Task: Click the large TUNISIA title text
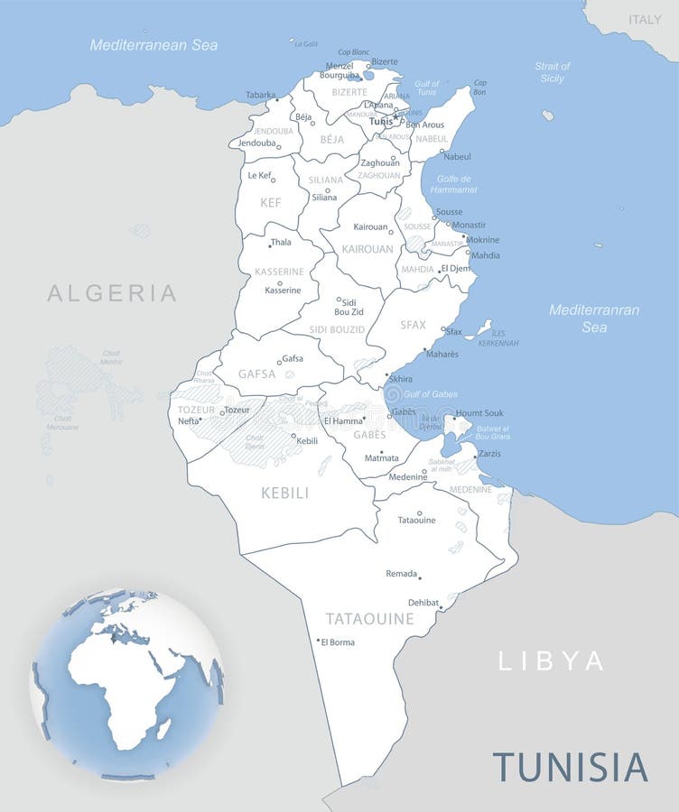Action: pyautogui.click(x=570, y=766)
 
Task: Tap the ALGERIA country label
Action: pyautogui.click(x=112, y=292)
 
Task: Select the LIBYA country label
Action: pyautogui.click(x=551, y=660)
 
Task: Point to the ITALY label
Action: pyautogui.click(x=645, y=19)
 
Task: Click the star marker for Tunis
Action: pyautogui.click(x=395, y=117)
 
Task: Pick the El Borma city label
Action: pyautogui.click(x=338, y=642)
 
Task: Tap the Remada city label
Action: pyautogui.click(x=401, y=574)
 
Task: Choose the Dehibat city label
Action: pyautogui.click(x=423, y=603)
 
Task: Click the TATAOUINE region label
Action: pyautogui.click(x=369, y=619)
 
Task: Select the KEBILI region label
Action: pyautogui.click(x=284, y=493)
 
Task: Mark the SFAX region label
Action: pyautogui.click(x=413, y=325)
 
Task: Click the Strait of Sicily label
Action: pyautogui.click(x=552, y=72)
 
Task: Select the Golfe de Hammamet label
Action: pyautogui.click(x=454, y=185)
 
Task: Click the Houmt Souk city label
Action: pyautogui.click(x=479, y=413)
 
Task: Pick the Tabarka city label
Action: pyautogui.click(x=260, y=95)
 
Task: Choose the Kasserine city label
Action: pyautogui.click(x=283, y=291)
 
